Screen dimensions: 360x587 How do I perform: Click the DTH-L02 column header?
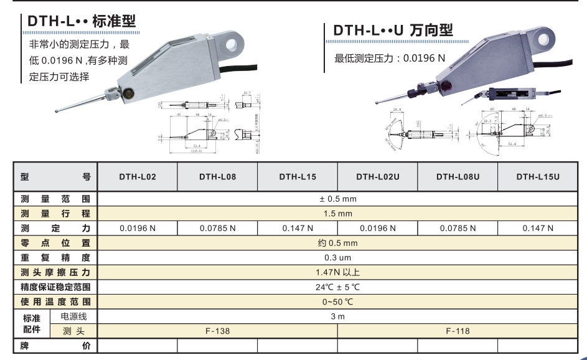click(138, 177)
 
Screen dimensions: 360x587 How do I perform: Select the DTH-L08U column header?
click(458, 177)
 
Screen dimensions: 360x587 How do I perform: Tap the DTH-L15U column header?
click(537, 177)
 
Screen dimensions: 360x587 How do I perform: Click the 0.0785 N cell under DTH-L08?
click(217, 228)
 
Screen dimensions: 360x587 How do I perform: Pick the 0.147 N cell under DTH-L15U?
click(537, 228)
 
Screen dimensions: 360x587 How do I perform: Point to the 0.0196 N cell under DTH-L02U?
click(377, 228)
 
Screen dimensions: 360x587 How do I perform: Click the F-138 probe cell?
click(217, 331)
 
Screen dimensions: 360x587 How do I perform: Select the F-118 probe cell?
click(458, 331)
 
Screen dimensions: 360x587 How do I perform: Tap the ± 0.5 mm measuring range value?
click(337, 199)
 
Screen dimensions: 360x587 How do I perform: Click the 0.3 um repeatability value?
click(337, 257)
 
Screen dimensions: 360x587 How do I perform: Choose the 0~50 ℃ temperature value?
click(337, 302)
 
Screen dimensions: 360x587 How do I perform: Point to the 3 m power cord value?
click(337, 316)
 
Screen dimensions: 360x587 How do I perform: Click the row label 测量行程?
click(55, 214)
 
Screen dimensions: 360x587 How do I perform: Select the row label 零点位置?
click(55, 243)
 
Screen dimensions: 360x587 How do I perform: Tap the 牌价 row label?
click(55, 346)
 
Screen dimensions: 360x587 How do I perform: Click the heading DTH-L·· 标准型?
click(81, 22)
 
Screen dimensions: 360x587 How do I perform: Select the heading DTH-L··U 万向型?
click(393, 31)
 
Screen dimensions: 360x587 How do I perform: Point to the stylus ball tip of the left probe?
click(58, 112)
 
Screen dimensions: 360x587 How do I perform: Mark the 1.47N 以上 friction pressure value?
click(337, 272)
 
